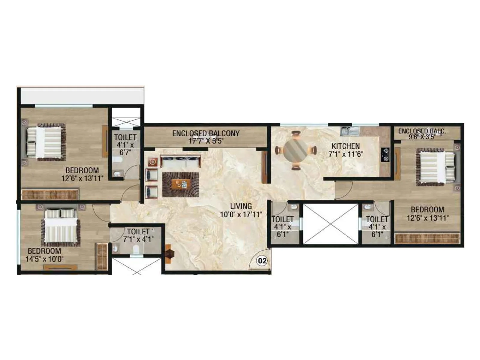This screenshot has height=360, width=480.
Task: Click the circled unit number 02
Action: pos(262,261)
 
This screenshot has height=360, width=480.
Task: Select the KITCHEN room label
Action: pos(346,146)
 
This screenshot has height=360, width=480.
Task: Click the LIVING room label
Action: pos(241,206)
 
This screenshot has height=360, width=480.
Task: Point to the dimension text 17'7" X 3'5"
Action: pos(206,141)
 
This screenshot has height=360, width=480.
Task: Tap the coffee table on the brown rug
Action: pos(181,184)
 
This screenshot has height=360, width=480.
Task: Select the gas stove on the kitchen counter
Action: pos(385,154)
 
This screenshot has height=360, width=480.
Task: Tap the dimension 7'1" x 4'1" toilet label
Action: pos(138,239)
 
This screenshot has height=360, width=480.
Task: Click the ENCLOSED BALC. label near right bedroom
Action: pos(422,131)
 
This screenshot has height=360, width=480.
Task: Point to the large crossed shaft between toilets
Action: pos(330,224)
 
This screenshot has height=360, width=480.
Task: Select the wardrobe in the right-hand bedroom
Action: pos(427,238)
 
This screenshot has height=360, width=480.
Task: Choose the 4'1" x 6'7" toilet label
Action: pos(125,145)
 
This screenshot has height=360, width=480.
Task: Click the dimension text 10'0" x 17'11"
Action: pos(241,214)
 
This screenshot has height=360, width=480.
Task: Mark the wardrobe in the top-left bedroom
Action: pos(50,194)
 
